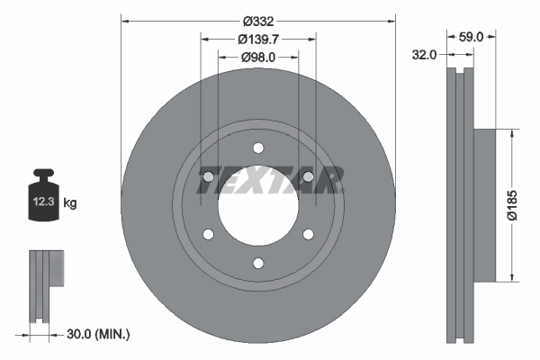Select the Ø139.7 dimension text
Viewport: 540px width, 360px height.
coord(257,39)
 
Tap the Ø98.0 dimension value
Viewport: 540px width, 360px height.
coord(257,57)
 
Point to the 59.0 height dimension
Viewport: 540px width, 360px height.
coord(472,37)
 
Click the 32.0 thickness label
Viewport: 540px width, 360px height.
coord(424,54)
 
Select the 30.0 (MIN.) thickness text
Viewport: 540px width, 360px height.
coord(99,334)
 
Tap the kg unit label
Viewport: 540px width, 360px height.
coord(70,203)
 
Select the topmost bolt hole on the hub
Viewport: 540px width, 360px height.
coord(258,148)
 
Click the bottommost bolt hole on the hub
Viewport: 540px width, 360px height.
coord(258,263)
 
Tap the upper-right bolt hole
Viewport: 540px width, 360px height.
coord(308,177)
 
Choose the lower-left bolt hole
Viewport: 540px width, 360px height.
coord(209,234)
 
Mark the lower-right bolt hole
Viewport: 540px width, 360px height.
coord(308,234)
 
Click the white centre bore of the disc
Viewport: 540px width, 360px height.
coord(258,206)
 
